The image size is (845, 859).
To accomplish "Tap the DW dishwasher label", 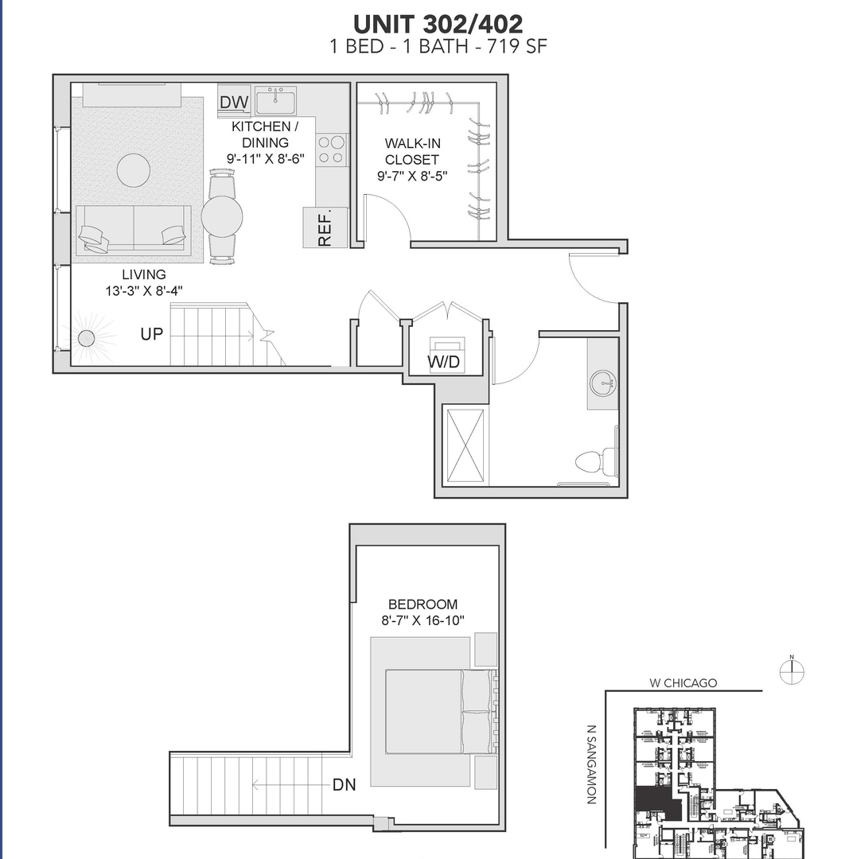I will click(234, 103).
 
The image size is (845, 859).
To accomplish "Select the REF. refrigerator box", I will click(325, 227).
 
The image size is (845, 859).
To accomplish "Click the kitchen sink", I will click(275, 101).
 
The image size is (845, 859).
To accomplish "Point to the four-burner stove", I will click(333, 150).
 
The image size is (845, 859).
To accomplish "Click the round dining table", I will click(222, 215).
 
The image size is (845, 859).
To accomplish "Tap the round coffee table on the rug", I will click(134, 169).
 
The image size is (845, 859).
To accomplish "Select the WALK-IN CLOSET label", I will click(412, 160).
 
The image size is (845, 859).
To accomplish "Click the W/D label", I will click(444, 363).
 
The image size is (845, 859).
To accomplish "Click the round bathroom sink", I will click(603, 384).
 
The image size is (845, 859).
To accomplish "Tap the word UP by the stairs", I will click(151, 334).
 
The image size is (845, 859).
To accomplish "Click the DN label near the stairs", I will click(344, 785).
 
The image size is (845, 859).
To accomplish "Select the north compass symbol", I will click(792, 671).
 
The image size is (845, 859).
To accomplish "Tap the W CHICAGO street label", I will click(683, 682).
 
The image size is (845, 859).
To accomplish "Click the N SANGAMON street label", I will click(591, 764).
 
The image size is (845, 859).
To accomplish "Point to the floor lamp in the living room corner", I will click(86, 339).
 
